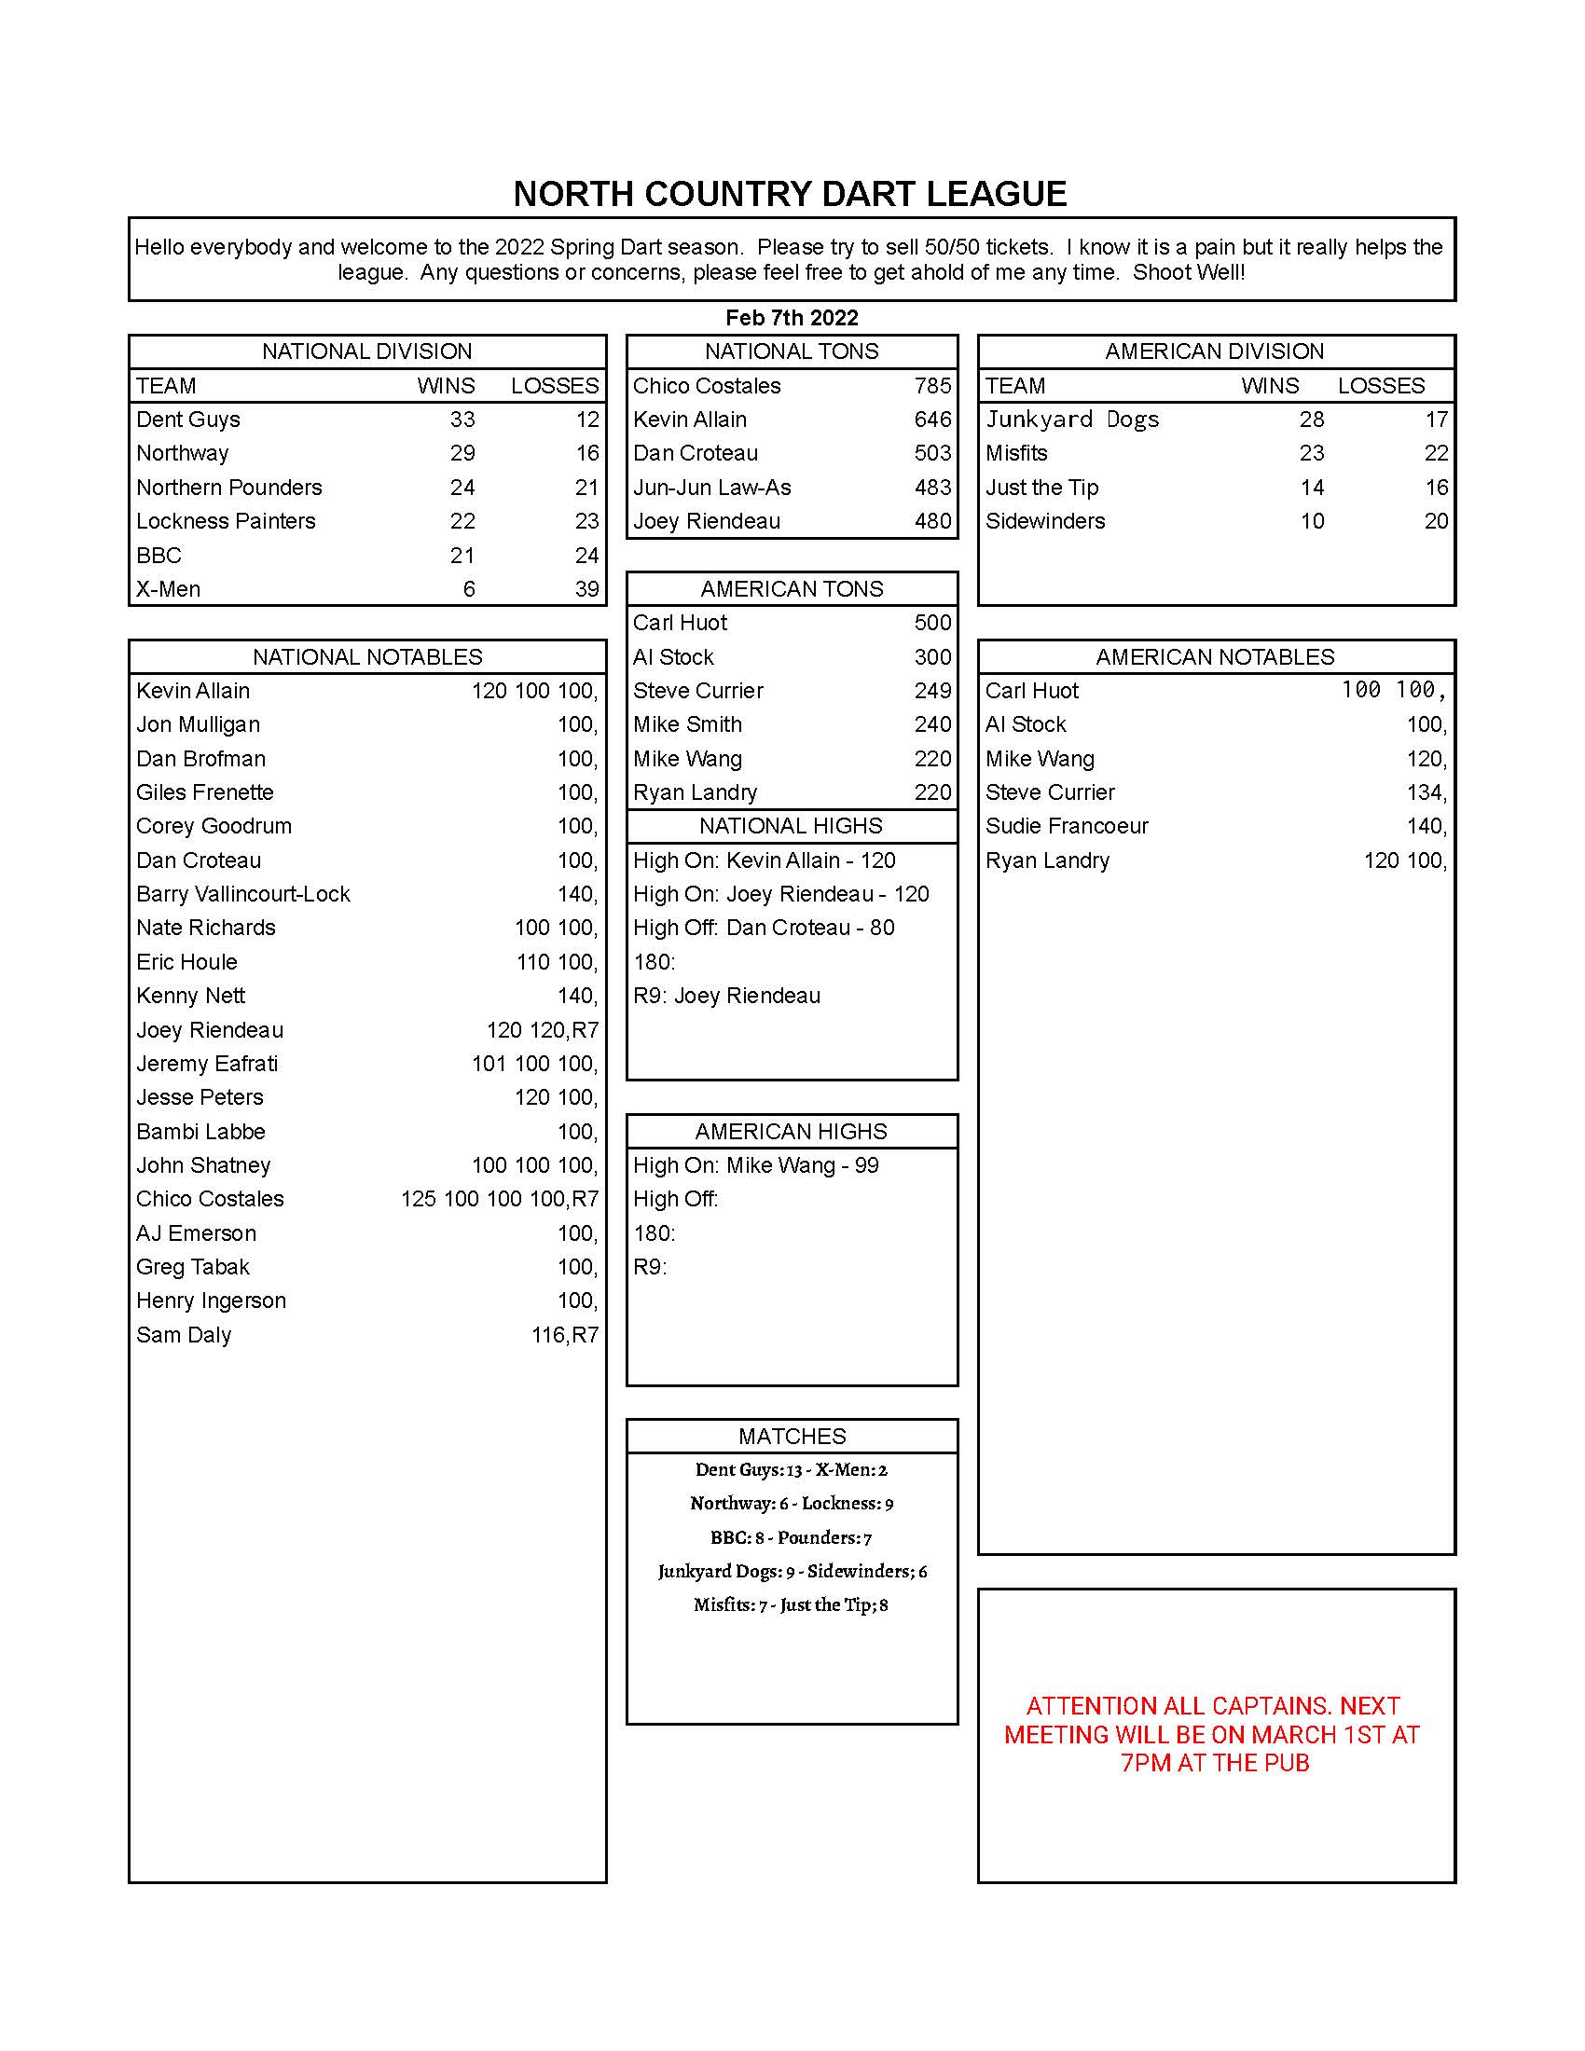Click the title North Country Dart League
pyautogui.click(x=790, y=195)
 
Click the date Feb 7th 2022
pyautogui.click(x=792, y=317)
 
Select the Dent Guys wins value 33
pyautogui.click(x=462, y=420)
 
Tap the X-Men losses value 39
pyautogui.click(x=586, y=589)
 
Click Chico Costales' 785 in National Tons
pyautogui.click(x=932, y=386)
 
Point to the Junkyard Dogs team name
pyautogui.click(x=1071, y=420)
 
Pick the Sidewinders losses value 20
pyautogui.click(x=1436, y=521)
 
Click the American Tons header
pyautogui.click(x=792, y=589)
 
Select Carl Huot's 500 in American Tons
pyautogui.click(x=932, y=623)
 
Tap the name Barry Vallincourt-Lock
pyautogui.click(x=242, y=894)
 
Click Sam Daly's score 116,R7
pyautogui.click(x=564, y=1334)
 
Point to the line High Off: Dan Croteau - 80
pyautogui.click(x=764, y=928)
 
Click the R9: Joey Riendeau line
pyautogui.click(x=727, y=996)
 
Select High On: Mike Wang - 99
pyautogui.click(x=756, y=1165)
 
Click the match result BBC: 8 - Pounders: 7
pyautogui.click(x=792, y=1537)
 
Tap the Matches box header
pyautogui.click(x=792, y=1436)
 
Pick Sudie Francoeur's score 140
pyautogui.click(x=1426, y=826)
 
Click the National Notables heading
pyautogui.click(x=367, y=656)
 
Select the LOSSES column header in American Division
pyautogui.click(x=1380, y=386)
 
